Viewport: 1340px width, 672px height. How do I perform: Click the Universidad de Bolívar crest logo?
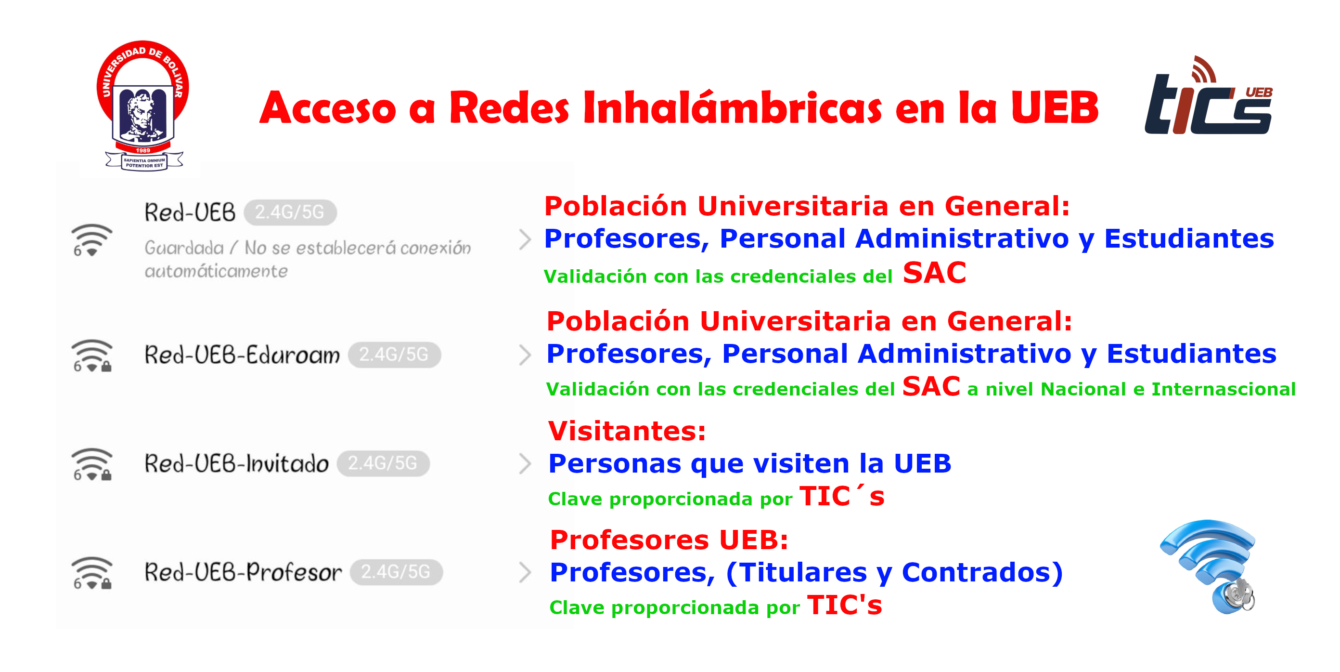(x=143, y=105)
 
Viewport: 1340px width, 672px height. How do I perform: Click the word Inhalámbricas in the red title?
(x=733, y=107)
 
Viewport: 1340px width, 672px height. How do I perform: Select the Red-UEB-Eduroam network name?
(x=242, y=355)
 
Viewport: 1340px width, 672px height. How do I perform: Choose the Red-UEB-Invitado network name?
(x=236, y=463)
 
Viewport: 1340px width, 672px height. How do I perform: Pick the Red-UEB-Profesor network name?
(x=243, y=572)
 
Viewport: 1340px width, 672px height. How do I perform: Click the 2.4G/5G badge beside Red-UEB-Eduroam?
(x=394, y=355)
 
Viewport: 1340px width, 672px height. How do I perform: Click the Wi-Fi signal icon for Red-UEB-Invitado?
(x=91, y=464)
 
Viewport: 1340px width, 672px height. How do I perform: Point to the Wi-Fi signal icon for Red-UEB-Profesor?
(x=91, y=573)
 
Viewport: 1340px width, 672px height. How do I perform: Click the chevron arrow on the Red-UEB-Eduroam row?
(x=526, y=355)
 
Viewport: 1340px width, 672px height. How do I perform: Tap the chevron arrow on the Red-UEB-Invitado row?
(x=526, y=464)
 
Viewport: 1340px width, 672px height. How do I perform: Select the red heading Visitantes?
(x=627, y=431)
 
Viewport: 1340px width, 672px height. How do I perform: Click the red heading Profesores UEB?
(x=669, y=540)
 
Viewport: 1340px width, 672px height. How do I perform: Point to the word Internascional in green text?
(x=1223, y=389)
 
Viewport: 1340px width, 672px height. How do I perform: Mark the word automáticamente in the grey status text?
(x=216, y=271)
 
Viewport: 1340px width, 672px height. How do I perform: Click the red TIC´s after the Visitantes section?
(x=842, y=496)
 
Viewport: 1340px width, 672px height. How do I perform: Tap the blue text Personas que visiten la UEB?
(x=749, y=463)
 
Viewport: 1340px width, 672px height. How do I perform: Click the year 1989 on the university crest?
(x=143, y=150)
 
